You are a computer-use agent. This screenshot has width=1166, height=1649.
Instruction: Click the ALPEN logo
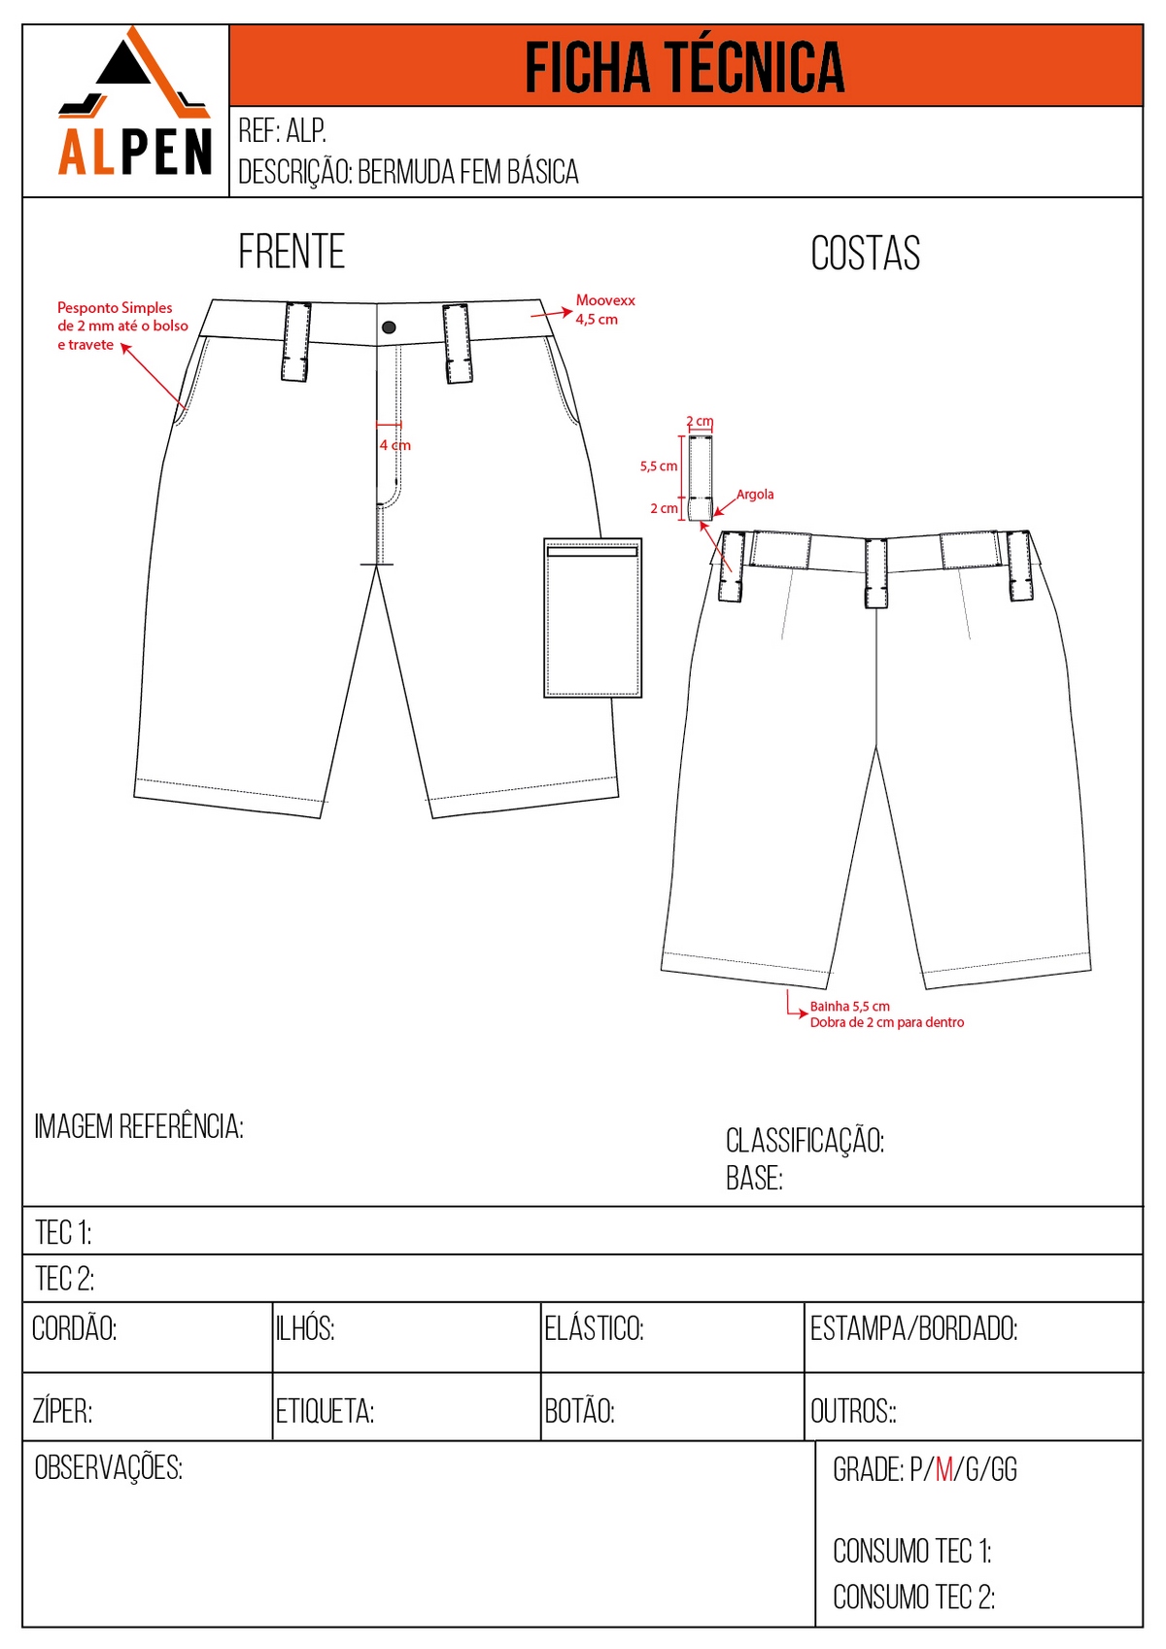pos(134,107)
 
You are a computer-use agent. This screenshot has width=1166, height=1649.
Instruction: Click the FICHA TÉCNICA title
pos(685,67)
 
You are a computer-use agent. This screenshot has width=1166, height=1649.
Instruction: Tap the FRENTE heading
pos(291,252)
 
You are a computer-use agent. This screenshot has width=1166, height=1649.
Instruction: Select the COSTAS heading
pos(865,254)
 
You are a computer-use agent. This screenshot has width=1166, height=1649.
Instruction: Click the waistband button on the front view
pos(389,327)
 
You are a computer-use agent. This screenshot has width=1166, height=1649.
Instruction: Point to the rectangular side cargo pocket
pos(592,618)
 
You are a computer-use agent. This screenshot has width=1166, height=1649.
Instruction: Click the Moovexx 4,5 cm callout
pos(604,310)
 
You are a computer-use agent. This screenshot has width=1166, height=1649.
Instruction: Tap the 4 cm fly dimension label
pos(395,445)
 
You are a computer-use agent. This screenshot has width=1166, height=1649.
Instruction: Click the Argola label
pos(755,495)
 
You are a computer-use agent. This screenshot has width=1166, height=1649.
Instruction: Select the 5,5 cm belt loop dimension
pos(659,466)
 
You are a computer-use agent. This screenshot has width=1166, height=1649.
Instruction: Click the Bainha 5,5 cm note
pos(850,1007)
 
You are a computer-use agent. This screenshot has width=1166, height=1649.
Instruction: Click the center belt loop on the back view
pos(875,573)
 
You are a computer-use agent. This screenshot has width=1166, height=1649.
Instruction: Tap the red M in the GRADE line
pos(943,1469)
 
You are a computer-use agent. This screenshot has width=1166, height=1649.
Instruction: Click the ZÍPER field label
pos(62,1411)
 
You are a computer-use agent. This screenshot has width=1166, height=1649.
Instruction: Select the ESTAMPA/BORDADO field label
pos(913,1328)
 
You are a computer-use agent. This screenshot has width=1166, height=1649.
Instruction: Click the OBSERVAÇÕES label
pos(108,1467)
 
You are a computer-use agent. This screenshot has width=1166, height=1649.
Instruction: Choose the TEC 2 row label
pos(64,1279)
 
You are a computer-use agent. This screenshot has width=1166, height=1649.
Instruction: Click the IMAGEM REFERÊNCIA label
pos(139,1127)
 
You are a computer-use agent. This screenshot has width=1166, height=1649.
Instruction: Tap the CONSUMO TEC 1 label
pos(911,1552)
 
